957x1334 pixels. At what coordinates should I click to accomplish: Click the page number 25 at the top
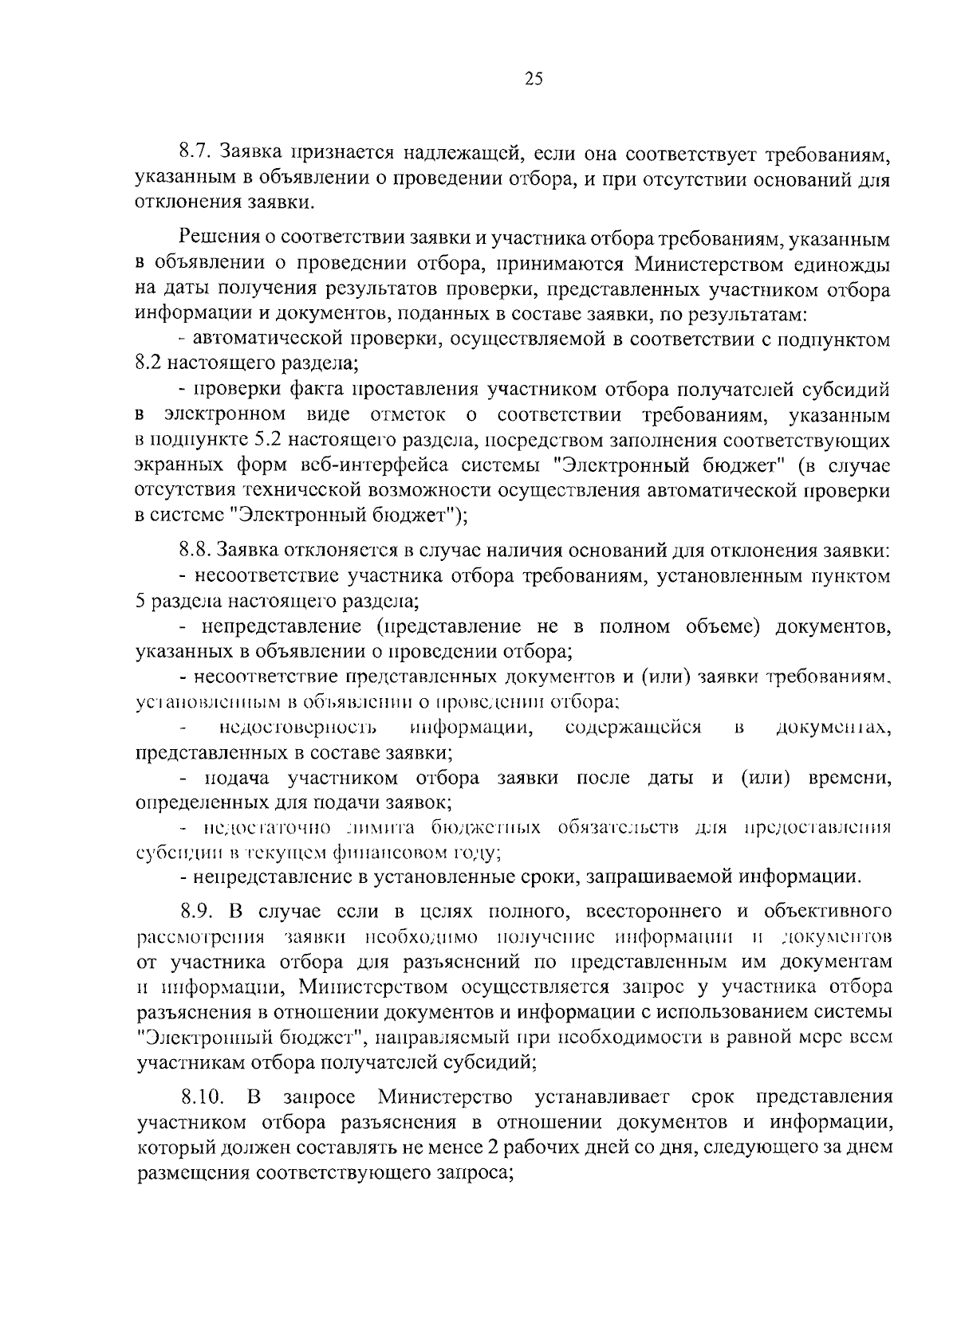tap(534, 78)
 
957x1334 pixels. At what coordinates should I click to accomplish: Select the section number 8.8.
tap(195, 551)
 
